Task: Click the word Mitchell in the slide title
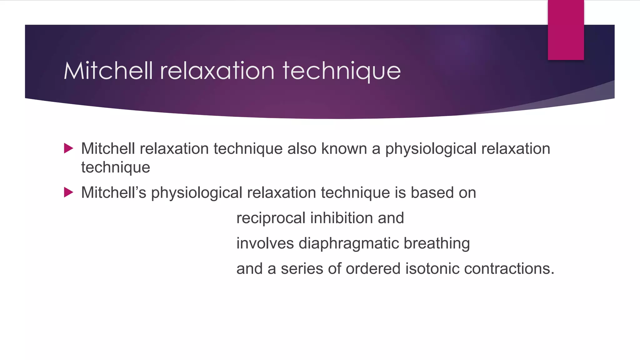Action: click(x=108, y=71)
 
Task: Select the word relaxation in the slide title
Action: click(x=217, y=71)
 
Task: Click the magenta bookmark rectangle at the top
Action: click(x=566, y=30)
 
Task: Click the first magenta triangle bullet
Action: click(x=68, y=148)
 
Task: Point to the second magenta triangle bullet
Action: click(x=68, y=192)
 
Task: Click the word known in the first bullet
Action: click(x=344, y=148)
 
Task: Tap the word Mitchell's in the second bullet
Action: click(x=113, y=192)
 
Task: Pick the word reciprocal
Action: click(x=271, y=218)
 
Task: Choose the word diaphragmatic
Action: click(x=349, y=243)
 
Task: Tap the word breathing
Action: click(x=437, y=243)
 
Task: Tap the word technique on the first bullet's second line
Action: click(x=116, y=167)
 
